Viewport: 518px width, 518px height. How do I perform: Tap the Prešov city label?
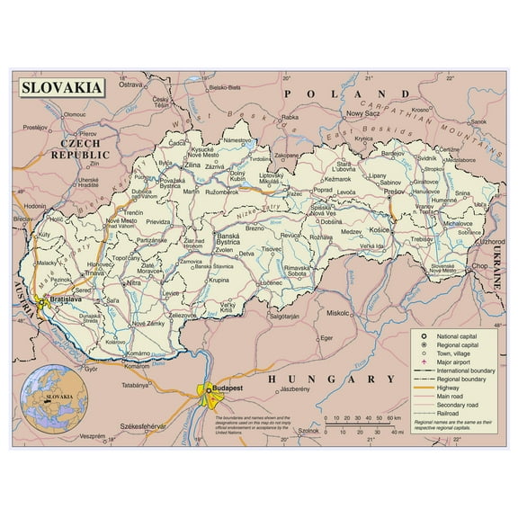tap(393, 191)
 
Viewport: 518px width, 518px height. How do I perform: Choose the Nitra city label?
tap(133, 282)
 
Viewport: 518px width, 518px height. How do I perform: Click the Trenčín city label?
tap(133, 211)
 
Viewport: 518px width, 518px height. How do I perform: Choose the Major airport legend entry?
tap(458, 362)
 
